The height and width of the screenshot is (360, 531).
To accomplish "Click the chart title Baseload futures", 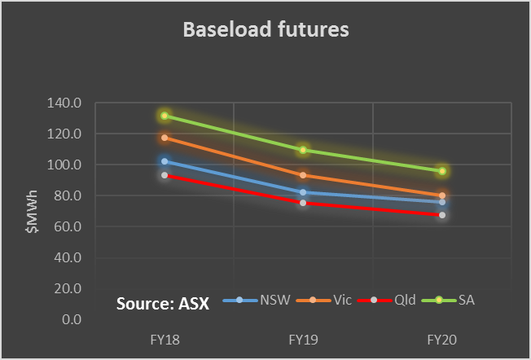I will point(265,31).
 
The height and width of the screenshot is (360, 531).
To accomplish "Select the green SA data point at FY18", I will point(165,116).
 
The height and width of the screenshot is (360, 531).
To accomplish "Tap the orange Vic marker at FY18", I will point(165,138).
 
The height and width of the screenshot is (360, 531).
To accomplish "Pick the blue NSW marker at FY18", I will point(165,161).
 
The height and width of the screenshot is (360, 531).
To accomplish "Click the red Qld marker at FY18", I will point(165,175).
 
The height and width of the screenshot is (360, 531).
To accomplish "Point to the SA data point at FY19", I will point(303,150).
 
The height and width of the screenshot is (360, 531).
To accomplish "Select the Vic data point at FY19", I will point(303,175).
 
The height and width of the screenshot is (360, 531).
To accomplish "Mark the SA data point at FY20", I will point(442,171).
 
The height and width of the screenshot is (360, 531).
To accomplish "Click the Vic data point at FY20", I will point(442,195).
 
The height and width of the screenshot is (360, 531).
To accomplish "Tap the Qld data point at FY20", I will point(442,215).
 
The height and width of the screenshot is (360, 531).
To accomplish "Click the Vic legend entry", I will point(331,300).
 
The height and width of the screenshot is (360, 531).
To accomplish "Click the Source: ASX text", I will point(162,304).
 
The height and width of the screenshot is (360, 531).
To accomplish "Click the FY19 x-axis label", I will point(303,337).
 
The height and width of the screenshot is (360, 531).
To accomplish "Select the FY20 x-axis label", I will point(442,337).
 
